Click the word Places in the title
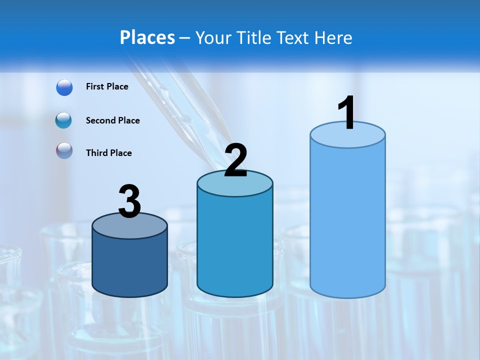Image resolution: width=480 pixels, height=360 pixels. (x=147, y=37)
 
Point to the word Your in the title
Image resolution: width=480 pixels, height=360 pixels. (x=213, y=37)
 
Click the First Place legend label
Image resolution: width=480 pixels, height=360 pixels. (x=107, y=86)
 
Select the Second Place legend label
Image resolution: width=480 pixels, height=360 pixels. (x=112, y=120)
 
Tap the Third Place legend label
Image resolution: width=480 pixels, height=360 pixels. (x=108, y=153)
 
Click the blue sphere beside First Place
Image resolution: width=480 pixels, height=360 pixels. (x=64, y=87)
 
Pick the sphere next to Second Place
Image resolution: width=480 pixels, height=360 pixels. (x=64, y=120)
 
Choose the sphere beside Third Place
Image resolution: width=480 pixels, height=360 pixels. (x=64, y=151)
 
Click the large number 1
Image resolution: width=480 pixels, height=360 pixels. (x=346, y=113)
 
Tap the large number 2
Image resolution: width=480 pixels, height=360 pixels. (x=235, y=160)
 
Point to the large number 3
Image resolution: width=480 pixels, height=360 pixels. (x=130, y=202)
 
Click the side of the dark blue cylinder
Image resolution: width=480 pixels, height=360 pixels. (x=130, y=265)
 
